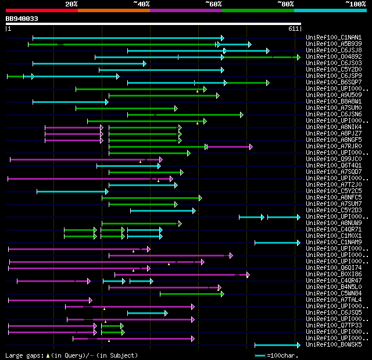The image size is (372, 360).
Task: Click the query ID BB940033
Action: [x=22, y=19]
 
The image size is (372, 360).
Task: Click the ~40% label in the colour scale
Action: [x=141, y=4]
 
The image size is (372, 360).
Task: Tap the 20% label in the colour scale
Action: [x=71, y=4]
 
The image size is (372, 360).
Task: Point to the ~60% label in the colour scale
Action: [x=213, y=4]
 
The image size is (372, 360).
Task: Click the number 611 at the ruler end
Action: [x=294, y=28]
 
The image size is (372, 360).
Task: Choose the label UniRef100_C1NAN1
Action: [x=334, y=38]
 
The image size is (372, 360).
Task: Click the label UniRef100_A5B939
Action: [x=334, y=44]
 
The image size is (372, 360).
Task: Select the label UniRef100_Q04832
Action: [x=334, y=57]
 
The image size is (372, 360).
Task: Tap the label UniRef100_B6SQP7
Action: [x=334, y=83]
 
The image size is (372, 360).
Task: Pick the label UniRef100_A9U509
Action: [x=334, y=95]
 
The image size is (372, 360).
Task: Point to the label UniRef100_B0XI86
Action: [x=334, y=275]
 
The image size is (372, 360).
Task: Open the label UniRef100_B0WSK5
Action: [x=334, y=345]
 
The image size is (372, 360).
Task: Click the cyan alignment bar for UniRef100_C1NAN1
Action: [x=128, y=38]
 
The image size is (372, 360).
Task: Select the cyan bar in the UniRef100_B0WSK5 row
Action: [x=277, y=345]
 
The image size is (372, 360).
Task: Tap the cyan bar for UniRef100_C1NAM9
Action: [x=277, y=243]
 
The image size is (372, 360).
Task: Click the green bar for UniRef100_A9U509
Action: [x=163, y=95]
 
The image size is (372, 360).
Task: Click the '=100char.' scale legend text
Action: [x=281, y=355]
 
